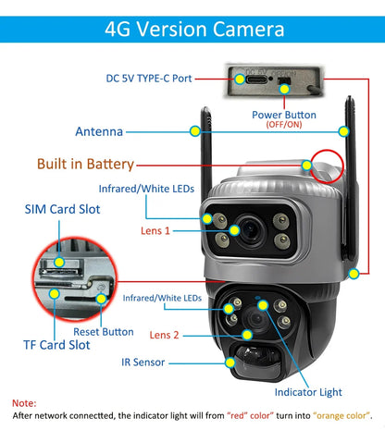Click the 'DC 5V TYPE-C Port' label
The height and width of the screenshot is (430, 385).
tap(148, 78)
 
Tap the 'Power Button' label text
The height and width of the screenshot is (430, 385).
tap(283, 115)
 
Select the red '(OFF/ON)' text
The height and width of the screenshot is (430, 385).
tap(283, 125)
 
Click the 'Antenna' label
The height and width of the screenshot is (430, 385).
tap(100, 131)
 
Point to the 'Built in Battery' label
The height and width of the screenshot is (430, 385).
tap(85, 165)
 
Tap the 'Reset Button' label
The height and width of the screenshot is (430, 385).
tap(103, 331)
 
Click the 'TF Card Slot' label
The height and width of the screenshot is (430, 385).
tap(56, 344)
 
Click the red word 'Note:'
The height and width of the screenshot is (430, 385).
tap(25, 403)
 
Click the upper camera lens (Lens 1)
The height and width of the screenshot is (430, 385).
tap(251, 228)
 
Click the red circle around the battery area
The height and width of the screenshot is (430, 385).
tap(329, 169)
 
